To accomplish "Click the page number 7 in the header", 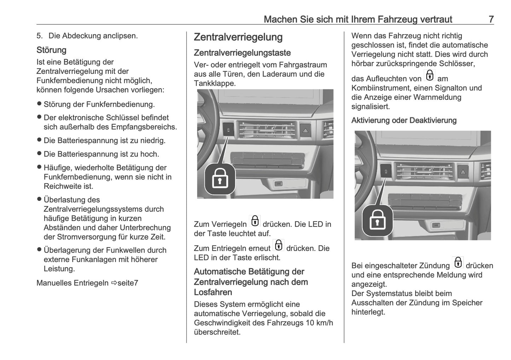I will [491, 19].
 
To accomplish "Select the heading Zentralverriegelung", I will [238, 37].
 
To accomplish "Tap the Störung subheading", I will [51, 50].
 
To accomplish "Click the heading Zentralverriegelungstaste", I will [242, 53].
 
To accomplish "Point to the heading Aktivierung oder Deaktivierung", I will [403, 121].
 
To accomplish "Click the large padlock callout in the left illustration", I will [220, 179].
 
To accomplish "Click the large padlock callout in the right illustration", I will [377, 220].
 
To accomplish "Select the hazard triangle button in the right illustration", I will [463, 172].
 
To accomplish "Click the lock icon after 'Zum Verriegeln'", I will [255, 221].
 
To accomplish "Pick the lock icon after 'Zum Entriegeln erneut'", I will [279, 245].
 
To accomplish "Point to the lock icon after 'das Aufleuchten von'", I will [430, 76].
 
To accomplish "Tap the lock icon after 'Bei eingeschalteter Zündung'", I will [458, 263].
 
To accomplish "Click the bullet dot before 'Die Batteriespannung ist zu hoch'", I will [39, 154].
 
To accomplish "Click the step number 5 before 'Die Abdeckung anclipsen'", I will [39, 36].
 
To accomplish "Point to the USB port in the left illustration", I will [279, 184].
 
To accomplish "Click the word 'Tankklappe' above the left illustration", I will [214, 83].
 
